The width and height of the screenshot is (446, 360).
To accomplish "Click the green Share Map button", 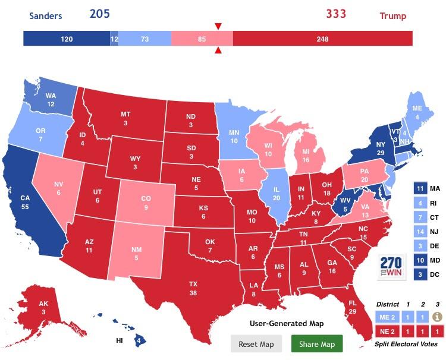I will pyautogui.click(x=318, y=344).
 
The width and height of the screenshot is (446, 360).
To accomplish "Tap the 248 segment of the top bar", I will pyautogui.click(x=322, y=39).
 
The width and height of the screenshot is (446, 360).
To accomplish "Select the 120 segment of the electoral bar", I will pyautogui.click(x=66, y=39).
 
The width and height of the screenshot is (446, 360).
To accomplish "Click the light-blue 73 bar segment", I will pyautogui.click(x=145, y=39).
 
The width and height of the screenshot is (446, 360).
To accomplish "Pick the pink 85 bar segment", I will pyautogui.click(x=202, y=39).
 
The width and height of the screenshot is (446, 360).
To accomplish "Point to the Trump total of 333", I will pyautogui.click(x=335, y=14).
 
